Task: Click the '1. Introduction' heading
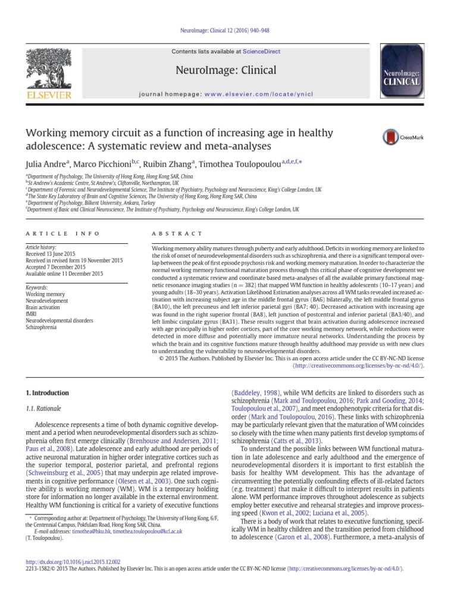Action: click(x=47, y=393)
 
